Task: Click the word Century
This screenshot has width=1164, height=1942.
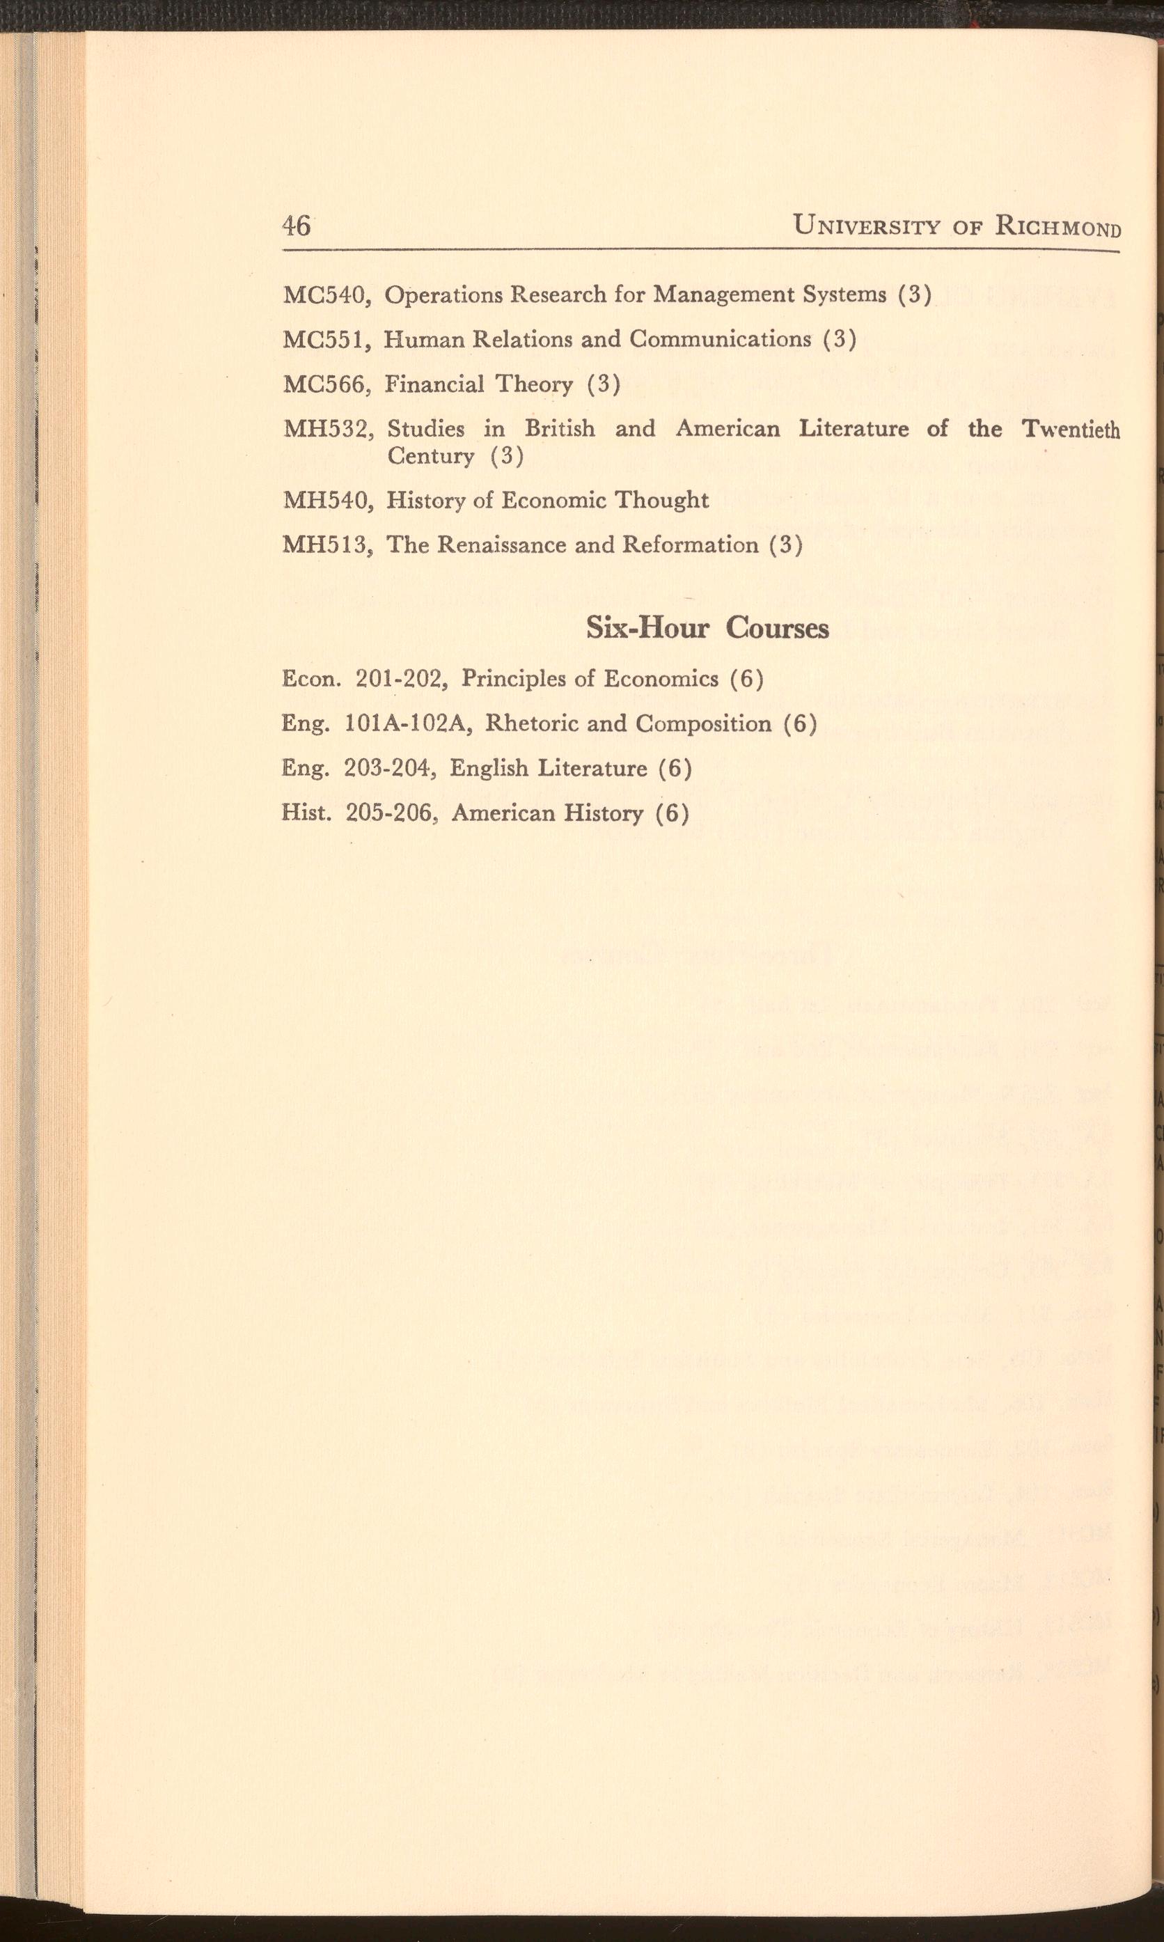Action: click(432, 455)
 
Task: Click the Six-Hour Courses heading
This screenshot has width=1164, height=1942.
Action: click(707, 628)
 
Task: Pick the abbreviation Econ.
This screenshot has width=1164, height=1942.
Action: click(310, 678)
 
